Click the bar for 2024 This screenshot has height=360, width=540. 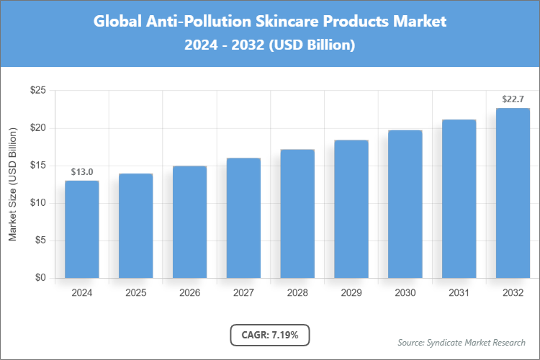click(x=82, y=229)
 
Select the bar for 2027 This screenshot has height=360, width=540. click(x=243, y=217)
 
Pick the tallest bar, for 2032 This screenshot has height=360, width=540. click(x=513, y=193)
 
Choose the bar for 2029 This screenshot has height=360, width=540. click(x=351, y=209)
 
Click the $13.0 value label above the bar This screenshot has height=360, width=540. click(x=82, y=171)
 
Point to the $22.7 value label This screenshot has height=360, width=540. click(x=513, y=99)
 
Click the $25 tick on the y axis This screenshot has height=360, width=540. click(x=38, y=91)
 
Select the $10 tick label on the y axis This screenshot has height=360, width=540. click(x=38, y=203)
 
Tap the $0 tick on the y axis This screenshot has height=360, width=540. click(x=41, y=278)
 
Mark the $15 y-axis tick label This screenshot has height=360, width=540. click(x=38, y=166)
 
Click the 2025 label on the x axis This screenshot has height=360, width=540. click(x=136, y=293)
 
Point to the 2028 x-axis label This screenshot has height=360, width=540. click(x=297, y=293)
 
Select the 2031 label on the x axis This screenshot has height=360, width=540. click(x=459, y=293)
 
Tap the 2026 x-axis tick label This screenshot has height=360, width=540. click(x=189, y=293)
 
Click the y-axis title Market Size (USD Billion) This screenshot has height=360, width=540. click(x=12, y=184)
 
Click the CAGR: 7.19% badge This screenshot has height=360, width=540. click(x=270, y=335)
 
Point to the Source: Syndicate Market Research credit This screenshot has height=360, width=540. click(x=461, y=342)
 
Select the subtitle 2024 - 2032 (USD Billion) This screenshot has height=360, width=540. click(x=270, y=45)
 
